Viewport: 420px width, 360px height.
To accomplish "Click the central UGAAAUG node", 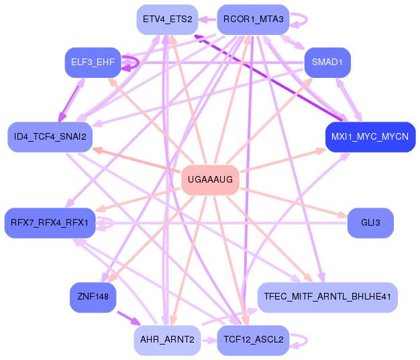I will pyautogui.click(x=211, y=179).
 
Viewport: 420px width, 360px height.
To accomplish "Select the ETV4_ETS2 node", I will pyautogui.click(x=167, y=19).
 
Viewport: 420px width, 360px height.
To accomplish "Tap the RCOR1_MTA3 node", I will pyautogui.click(x=253, y=19).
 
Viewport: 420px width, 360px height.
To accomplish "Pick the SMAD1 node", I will pyautogui.click(x=327, y=62).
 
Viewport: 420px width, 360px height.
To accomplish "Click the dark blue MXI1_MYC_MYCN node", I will pyautogui.click(x=370, y=137).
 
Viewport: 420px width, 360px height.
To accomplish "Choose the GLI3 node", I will pyautogui.click(x=370, y=222).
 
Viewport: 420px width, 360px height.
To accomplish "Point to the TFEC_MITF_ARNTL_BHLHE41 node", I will pyautogui.click(x=327, y=297).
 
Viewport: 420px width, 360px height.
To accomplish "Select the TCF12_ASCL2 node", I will pyautogui.click(x=253, y=340).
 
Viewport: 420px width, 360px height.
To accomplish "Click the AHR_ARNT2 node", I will pyautogui.click(x=167, y=340).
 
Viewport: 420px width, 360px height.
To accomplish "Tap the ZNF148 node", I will pyautogui.click(x=93, y=297).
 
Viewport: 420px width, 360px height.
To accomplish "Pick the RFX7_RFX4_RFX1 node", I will pyautogui.click(x=50, y=222).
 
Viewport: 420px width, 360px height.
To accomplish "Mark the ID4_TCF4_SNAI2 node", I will pyautogui.click(x=50, y=137).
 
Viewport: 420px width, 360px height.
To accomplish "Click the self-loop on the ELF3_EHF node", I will pyautogui.click(x=134, y=62).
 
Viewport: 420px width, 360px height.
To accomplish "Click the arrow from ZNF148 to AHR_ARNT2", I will pyautogui.click(x=127, y=316).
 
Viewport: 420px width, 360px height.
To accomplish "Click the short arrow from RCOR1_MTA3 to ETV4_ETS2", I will pyautogui.click(x=207, y=19).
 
